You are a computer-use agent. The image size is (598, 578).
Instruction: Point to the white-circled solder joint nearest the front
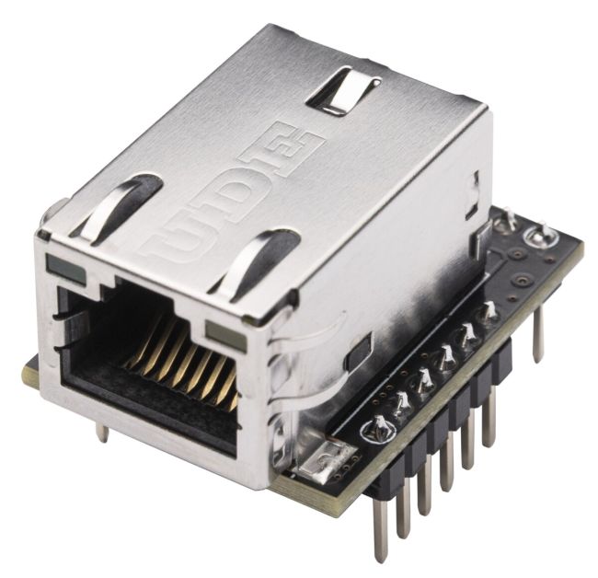[x=377, y=426]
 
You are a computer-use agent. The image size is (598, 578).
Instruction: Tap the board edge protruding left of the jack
[x=30, y=372]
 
